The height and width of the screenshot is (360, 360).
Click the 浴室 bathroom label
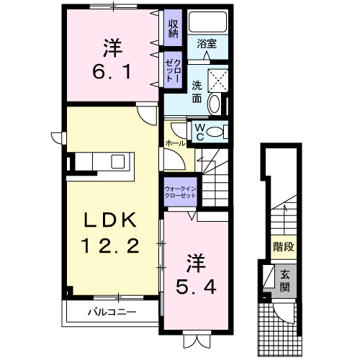[x=207, y=44]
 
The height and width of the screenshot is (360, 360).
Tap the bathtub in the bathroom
[x=207, y=22]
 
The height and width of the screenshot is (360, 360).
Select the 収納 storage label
[x=173, y=28]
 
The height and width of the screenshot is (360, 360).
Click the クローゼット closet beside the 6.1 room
[x=173, y=71]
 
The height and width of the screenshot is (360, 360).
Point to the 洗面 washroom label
[x=197, y=92]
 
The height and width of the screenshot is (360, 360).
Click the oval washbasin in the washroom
[x=215, y=104]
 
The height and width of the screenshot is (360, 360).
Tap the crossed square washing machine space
[x=217, y=81]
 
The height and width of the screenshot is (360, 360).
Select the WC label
[x=199, y=132]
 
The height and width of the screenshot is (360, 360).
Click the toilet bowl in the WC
[x=215, y=132]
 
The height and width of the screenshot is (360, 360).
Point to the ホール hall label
[x=175, y=143]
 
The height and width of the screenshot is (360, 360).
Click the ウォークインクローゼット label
[x=180, y=192]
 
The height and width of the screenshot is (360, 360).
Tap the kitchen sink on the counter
[x=118, y=161]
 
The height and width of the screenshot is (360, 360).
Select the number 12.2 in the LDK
[x=110, y=246]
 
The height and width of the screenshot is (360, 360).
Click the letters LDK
[x=110, y=220]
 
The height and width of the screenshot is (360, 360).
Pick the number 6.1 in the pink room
[x=112, y=71]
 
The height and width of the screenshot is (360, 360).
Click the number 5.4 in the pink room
[x=196, y=287]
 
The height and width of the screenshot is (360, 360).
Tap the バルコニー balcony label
[x=112, y=312]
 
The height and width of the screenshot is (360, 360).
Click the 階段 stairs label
[x=284, y=246]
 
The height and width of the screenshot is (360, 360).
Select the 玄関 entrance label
[x=285, y=281]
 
